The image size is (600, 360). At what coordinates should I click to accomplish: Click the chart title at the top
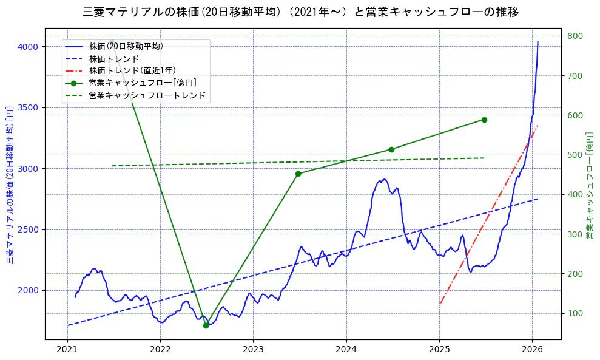click(x=300, y=12)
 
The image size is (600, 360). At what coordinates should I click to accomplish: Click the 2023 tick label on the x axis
click(x=253, y=350)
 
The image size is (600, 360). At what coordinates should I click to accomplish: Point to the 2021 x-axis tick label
click(x=67, y=350)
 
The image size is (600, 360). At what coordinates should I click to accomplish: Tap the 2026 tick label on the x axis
click(x=532, y=350)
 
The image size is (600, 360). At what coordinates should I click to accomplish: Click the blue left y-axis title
click(x=10, y=185)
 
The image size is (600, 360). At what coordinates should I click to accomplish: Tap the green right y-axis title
click(x=589, y=185)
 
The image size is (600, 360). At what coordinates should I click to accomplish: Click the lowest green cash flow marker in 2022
click(x=206, y=325)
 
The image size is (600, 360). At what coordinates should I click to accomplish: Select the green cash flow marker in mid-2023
click(x=298, y=174)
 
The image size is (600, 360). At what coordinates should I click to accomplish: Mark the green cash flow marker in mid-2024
click(x=391, y=149)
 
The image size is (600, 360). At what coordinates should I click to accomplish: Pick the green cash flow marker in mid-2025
click(x=484, y=120)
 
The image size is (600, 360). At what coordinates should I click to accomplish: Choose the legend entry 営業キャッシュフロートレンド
click(x=147, y=95)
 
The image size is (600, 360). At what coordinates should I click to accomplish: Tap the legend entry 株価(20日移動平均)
click(x=126, y=46)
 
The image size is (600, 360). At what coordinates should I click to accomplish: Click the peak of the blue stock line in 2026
click(x=538, y=42)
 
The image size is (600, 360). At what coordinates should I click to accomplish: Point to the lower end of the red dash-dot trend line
click(x=440, y=303)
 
